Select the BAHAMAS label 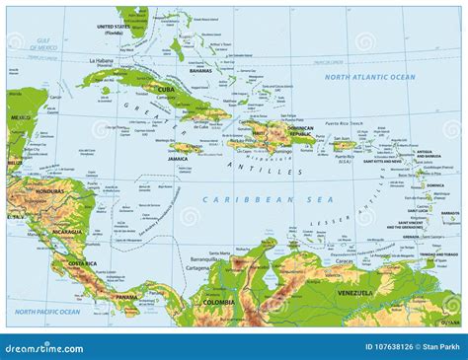200,71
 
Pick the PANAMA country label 126,296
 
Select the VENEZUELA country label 351,293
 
